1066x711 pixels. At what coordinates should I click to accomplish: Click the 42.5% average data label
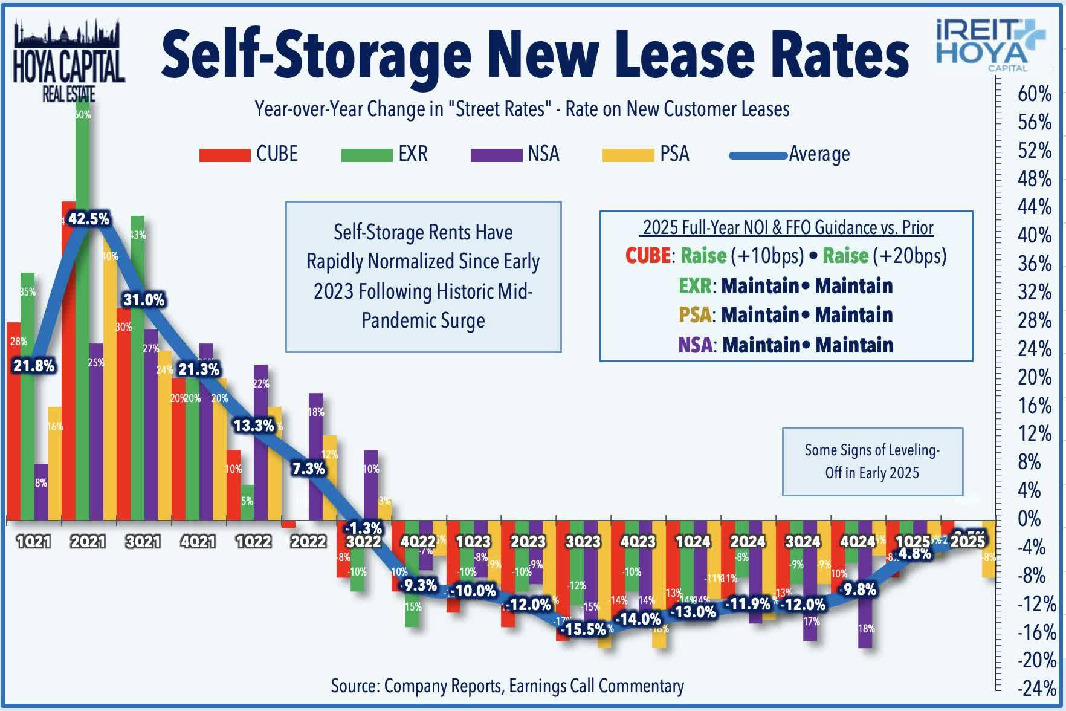(89, 219)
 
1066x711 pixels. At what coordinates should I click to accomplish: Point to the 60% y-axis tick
(1035, 94)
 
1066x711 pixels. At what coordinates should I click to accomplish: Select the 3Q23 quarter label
(583, 541)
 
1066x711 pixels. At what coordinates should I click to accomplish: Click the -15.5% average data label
(583, 629)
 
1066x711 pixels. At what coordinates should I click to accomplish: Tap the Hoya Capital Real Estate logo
(68, 60)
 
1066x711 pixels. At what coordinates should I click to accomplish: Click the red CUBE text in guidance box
(647, 256)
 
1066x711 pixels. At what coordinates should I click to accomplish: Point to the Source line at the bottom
(507, 686)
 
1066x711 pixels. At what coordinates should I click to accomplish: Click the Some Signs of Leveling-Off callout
(872, 461)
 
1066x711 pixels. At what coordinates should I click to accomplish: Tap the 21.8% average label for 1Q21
(34, 366)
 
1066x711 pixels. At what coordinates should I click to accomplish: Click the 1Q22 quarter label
(253, 541)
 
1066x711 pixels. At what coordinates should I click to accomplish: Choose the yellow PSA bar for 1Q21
(55, 463)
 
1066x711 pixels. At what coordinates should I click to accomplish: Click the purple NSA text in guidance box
(694, 345)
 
